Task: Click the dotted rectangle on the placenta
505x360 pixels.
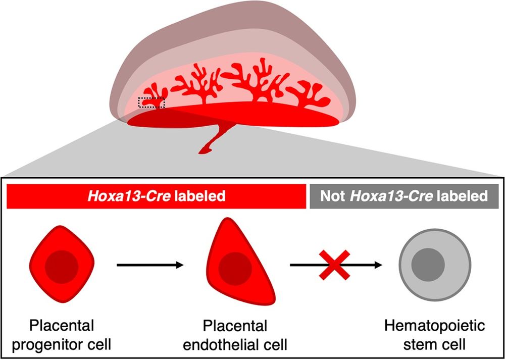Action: tap(151, 102)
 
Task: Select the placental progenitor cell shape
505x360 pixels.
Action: tap(62, 265)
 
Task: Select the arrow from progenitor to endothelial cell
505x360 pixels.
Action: tap(149, 264)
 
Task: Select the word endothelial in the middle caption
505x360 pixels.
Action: tap(226, 345)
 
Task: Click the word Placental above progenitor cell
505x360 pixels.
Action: tap(62, 326)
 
